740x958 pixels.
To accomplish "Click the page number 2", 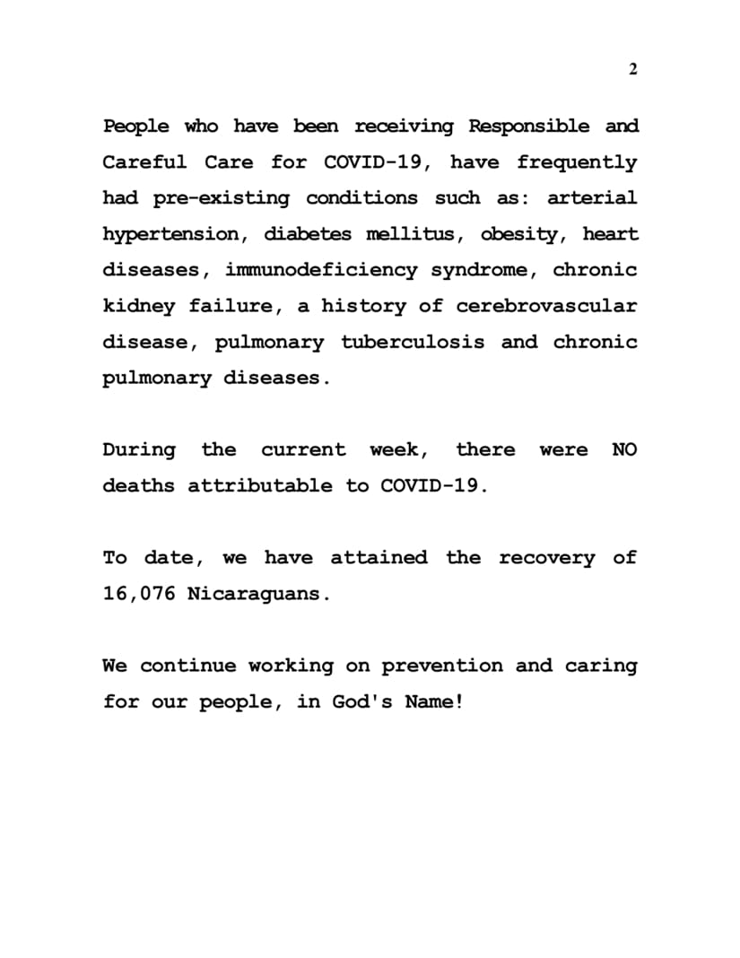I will pos(633,70).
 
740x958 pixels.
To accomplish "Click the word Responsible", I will pos(530,126).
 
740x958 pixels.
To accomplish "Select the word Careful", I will pos(144,162).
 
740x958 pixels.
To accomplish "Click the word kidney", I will pos(139,307).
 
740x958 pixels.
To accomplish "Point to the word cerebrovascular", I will pos(547,306).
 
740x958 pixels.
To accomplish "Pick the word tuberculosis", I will pos(414,342).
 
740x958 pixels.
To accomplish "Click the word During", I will pos(139,449).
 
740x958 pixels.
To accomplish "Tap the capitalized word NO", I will pos(624,449).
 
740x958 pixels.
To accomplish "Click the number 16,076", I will pos(139,594).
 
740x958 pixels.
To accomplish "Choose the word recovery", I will pos(546,558).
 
